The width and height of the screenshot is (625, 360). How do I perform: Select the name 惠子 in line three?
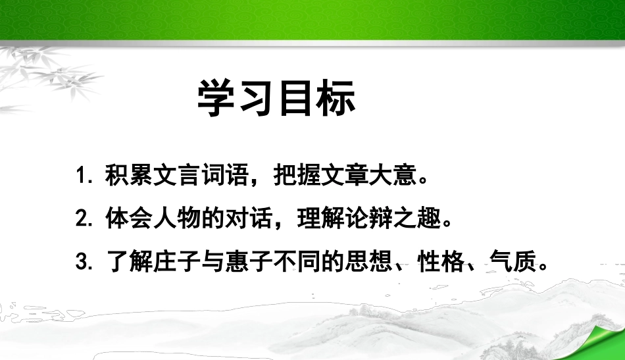[233, 263]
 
